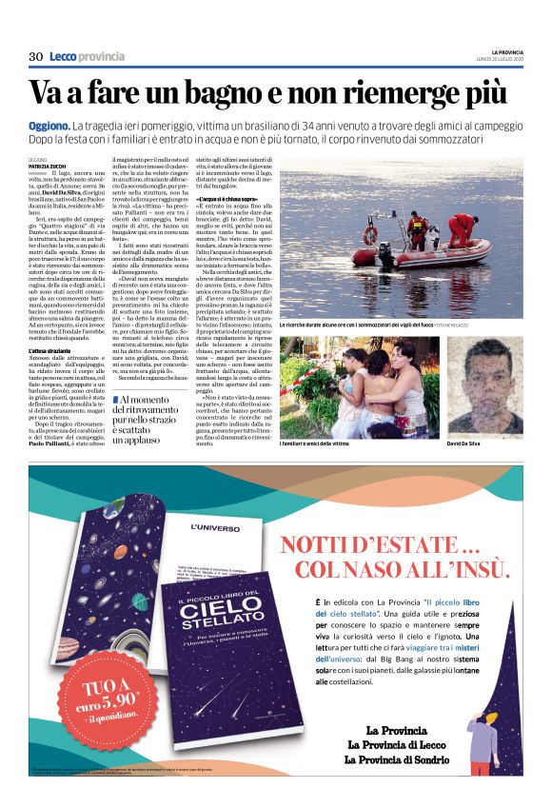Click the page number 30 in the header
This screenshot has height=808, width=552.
tap(36, 57)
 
